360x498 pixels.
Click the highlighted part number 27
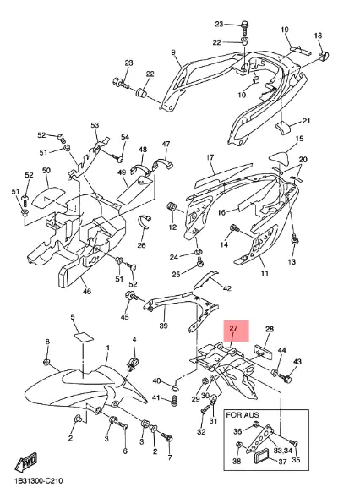tap(233, 328)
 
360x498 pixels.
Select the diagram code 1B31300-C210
tap(38, 481)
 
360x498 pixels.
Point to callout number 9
tap(173, 52)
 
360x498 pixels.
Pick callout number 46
tap(87, 291)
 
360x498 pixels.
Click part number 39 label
tap(163, 326)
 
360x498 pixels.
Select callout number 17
tap(210, 157)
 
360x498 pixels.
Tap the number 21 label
tap(307, 121)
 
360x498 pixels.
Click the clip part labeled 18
tap(324, 57)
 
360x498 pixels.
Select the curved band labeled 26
tap(145, 225)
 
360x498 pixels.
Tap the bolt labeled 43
tap(285, 377)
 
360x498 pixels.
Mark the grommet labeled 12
tap(172, 207)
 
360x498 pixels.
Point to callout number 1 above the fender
tap(107, 348)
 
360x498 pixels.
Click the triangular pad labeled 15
tap(279, 157)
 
